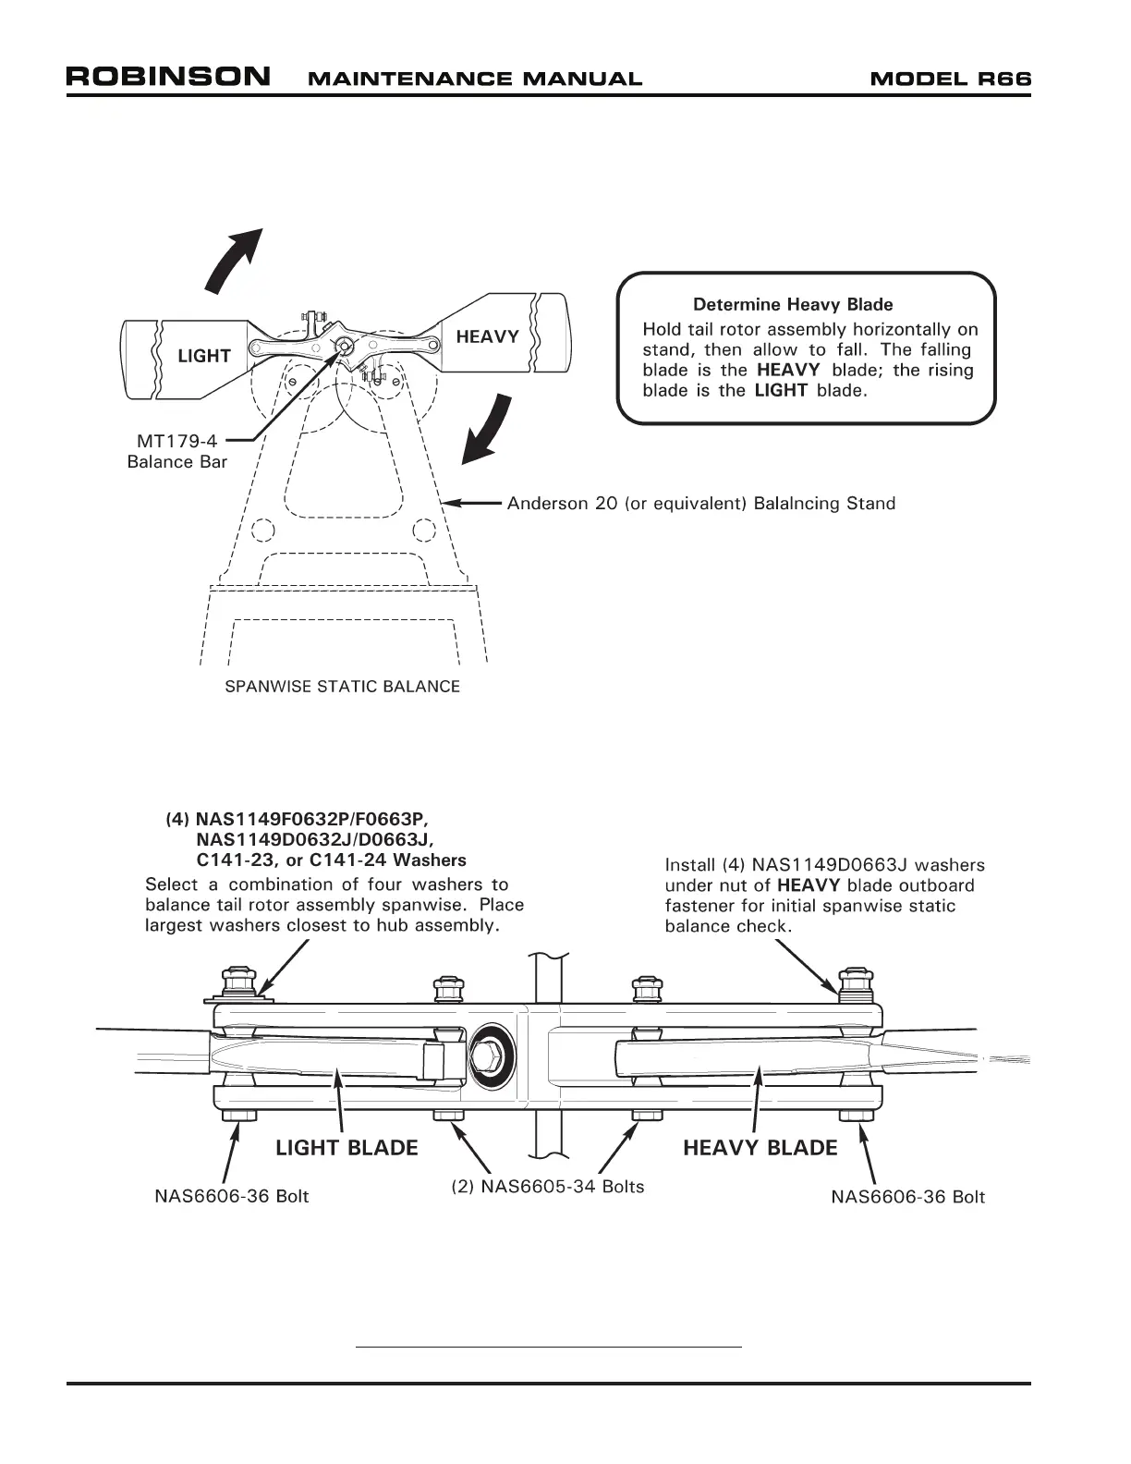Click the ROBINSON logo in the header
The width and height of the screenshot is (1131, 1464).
[x=168, y=77]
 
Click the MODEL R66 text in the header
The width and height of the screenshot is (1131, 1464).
[x=950, y=79]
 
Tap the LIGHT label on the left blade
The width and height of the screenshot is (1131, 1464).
[x=204, y=356]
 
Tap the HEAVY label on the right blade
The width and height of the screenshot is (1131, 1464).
[x=487, y=336]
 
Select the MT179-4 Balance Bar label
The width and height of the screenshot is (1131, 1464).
[x=177, y=452]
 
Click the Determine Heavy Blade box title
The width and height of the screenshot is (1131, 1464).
[x=793, y=304]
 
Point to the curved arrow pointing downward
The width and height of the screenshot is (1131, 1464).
[x=487, y=429]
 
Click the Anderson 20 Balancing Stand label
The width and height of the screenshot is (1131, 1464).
[x=700, y=504]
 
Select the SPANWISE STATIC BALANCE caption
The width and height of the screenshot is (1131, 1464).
[x=343, y=687]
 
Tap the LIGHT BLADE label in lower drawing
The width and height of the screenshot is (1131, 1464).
[x=347, y=1148]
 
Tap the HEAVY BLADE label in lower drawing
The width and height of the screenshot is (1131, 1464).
[x=760, y=1148]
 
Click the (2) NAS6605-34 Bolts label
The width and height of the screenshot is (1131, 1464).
[x=547, y=1186]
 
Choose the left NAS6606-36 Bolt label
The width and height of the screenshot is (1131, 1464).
[x=231, y=1197]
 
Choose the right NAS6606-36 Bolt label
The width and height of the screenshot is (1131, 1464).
[x=907, y=1197]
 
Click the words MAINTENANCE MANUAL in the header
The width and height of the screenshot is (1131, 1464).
[x=474, y=79]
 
